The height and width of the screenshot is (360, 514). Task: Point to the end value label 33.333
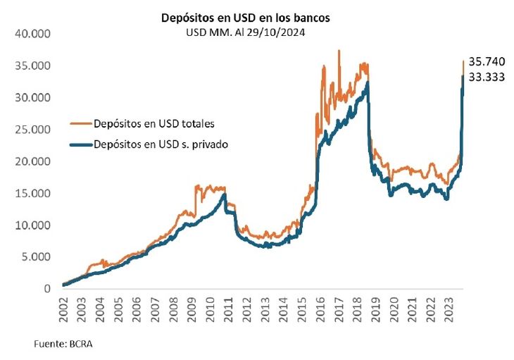pos(487,78)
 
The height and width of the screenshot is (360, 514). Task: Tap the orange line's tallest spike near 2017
pos(339,51)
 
